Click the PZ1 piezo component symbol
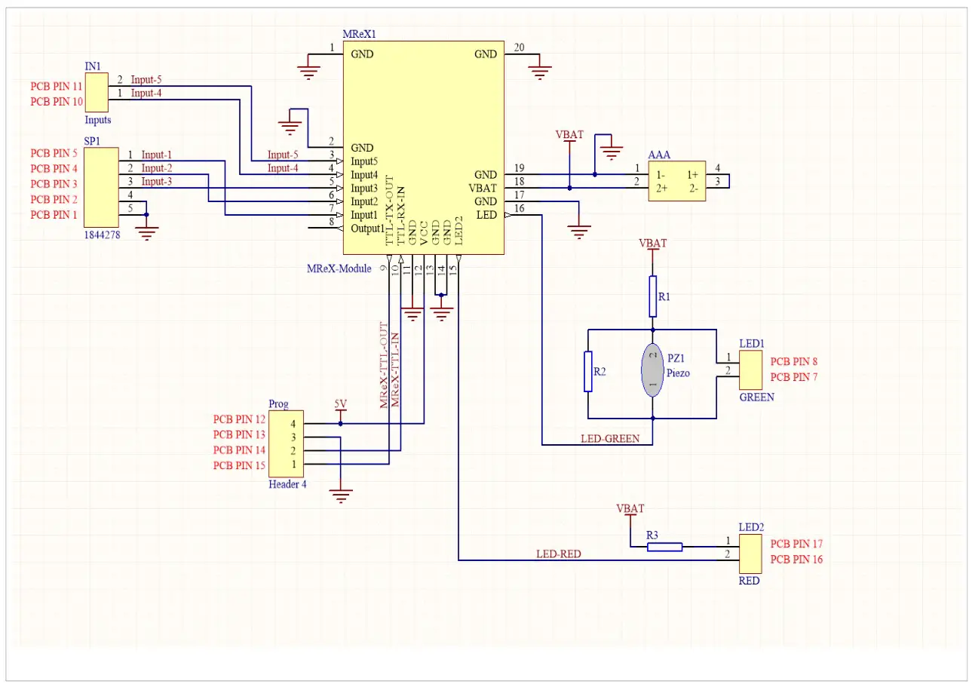[652, 370]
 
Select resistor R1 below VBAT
[653, 296]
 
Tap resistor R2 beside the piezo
[588, 371]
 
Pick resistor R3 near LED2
[664, 547]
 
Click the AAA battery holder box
[677, 180]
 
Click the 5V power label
[340, 405]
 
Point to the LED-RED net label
[559, 554]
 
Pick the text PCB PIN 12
[239, 419]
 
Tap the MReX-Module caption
[339, 269]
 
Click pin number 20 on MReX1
[519, 48]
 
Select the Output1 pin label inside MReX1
[368, 229]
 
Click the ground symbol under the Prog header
[341, 495]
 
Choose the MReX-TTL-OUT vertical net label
[383, 365]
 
